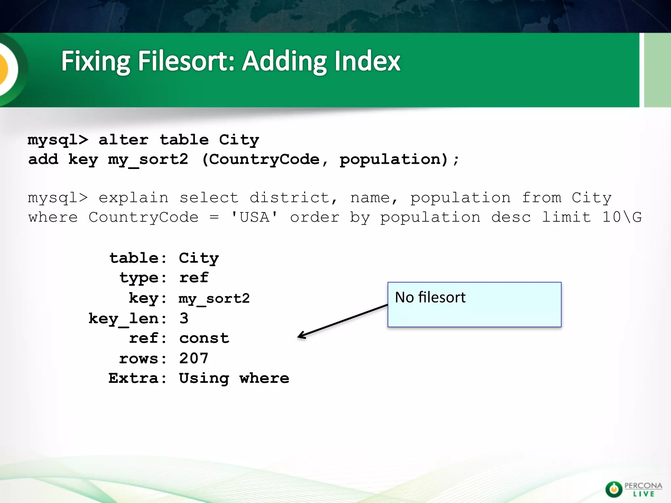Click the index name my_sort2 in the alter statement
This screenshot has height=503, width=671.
pyautogui.click(x=148, y=160)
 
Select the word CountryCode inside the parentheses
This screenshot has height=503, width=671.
pyautogui.click(x=264, y=160)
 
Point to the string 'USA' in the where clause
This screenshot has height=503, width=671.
pyautogui.click(x=254, y=217)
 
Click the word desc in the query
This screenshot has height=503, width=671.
pyautogui.click(x=511, y=217)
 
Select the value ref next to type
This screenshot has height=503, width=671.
pyautogui.click(x=194, y=278)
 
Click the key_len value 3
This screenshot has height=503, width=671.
pyautogui.click(x=184, y=318)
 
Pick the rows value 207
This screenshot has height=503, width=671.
pyautogui.click(x=194, y=358)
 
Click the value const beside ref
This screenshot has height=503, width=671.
pyautogui.click(x=204, y=338)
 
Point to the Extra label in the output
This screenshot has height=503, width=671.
pyautogui.click(x=133, y=378)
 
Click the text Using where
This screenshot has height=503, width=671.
pyautogui.click(x=234, y=379)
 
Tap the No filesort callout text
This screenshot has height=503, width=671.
pyautogui.click(x=430, y=297)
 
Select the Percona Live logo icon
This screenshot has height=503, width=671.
pyautogui.click(x=613, y=489)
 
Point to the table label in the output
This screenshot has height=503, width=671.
pyautogui.click(x=134, y=258)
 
